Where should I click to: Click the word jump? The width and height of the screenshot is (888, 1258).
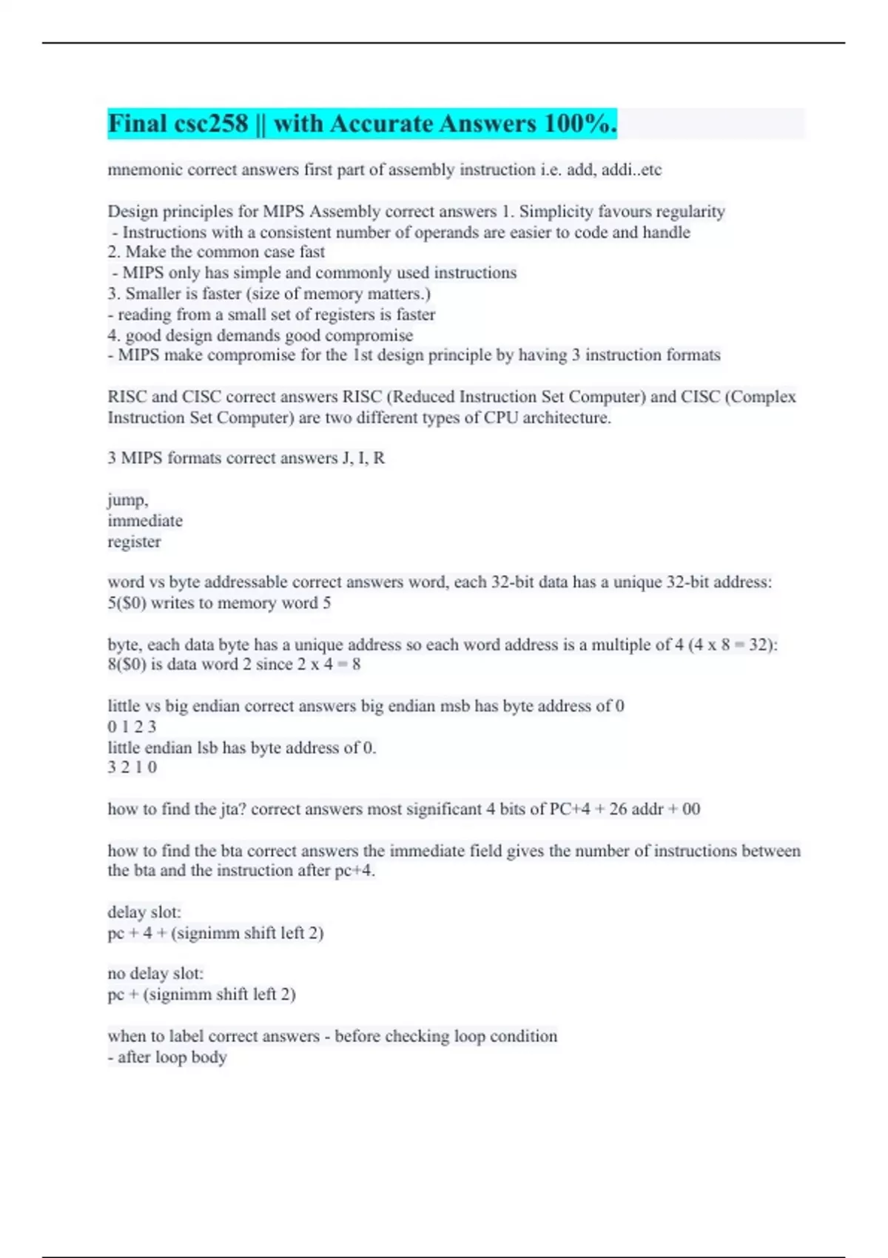[127, 500]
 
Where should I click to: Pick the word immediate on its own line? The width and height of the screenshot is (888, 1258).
[145, 521]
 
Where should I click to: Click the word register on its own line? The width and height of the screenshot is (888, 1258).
[134, 542]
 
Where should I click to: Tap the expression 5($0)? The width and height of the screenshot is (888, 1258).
[127, 603]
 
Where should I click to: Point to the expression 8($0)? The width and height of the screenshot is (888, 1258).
[127, 665]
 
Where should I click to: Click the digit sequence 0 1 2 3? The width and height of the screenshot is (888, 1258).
[132, 727]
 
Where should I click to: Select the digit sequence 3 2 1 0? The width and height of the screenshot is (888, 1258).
[132, 767]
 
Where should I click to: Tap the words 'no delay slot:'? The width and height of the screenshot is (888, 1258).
[155, 973]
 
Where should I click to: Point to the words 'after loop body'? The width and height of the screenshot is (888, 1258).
[172, 1057]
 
